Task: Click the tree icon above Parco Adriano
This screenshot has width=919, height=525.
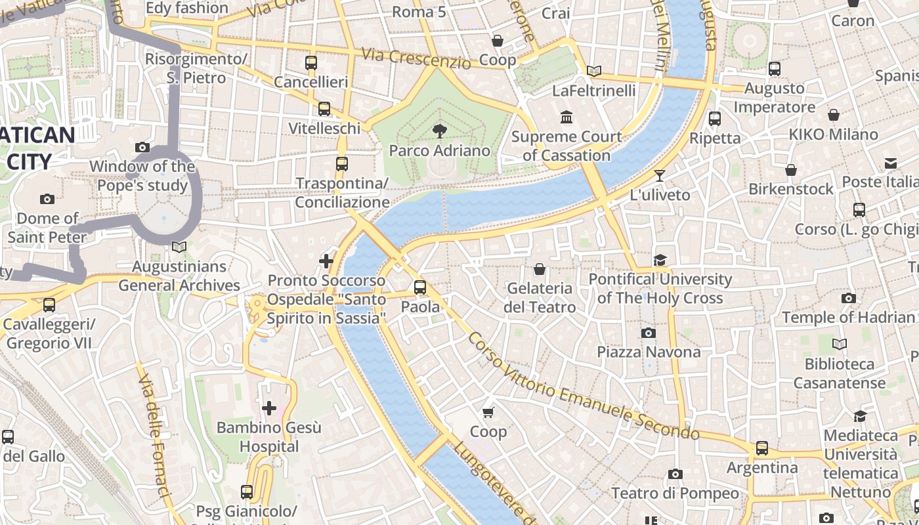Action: point(439,132)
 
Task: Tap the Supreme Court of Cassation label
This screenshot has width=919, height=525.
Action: point(566,146)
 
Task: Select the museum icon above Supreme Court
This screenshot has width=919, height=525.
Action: point(566,117)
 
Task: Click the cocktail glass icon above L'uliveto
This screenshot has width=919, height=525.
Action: point(660,176)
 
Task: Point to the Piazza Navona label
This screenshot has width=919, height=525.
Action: point(649,352)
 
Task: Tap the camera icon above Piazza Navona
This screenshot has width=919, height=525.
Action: point(649,333)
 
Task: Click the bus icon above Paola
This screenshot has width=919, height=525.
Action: point(420,287)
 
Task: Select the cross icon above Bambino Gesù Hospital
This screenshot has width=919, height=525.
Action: point(269,408)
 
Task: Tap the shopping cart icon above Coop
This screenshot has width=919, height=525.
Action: point(488,412)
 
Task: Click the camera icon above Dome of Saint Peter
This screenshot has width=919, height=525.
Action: point(47,199)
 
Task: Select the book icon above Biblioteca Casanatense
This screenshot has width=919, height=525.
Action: point(840,344)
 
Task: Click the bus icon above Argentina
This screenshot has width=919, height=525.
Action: point(761,448)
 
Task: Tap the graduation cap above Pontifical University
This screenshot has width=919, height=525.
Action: point(660,260)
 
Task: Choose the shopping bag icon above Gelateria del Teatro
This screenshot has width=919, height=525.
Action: point(540,269)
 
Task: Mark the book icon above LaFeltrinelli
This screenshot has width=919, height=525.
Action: point(594,71)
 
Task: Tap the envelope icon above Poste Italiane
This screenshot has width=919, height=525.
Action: point(891,163)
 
